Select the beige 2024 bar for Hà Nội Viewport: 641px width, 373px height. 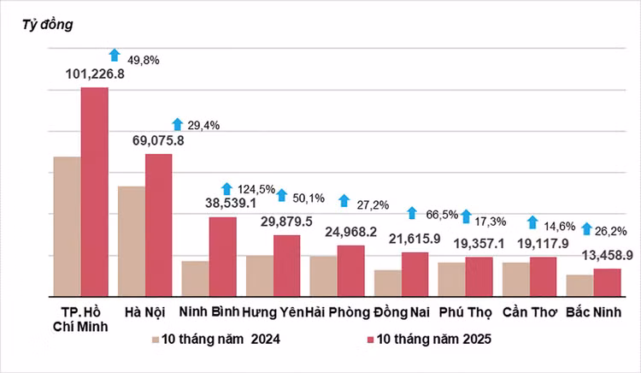[x=131, y=240]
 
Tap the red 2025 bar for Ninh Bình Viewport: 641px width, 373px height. [x=222, y=256]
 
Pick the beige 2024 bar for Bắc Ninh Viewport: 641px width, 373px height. [x=579, y=285]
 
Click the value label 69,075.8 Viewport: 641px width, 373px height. [x=160, y=139]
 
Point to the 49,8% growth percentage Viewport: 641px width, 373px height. [x=144, y=61]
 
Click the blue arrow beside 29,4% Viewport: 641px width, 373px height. [x=178, y=124]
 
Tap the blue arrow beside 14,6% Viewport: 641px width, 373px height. [x=532, y=222]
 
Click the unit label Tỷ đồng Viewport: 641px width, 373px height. [x=47, y=24]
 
